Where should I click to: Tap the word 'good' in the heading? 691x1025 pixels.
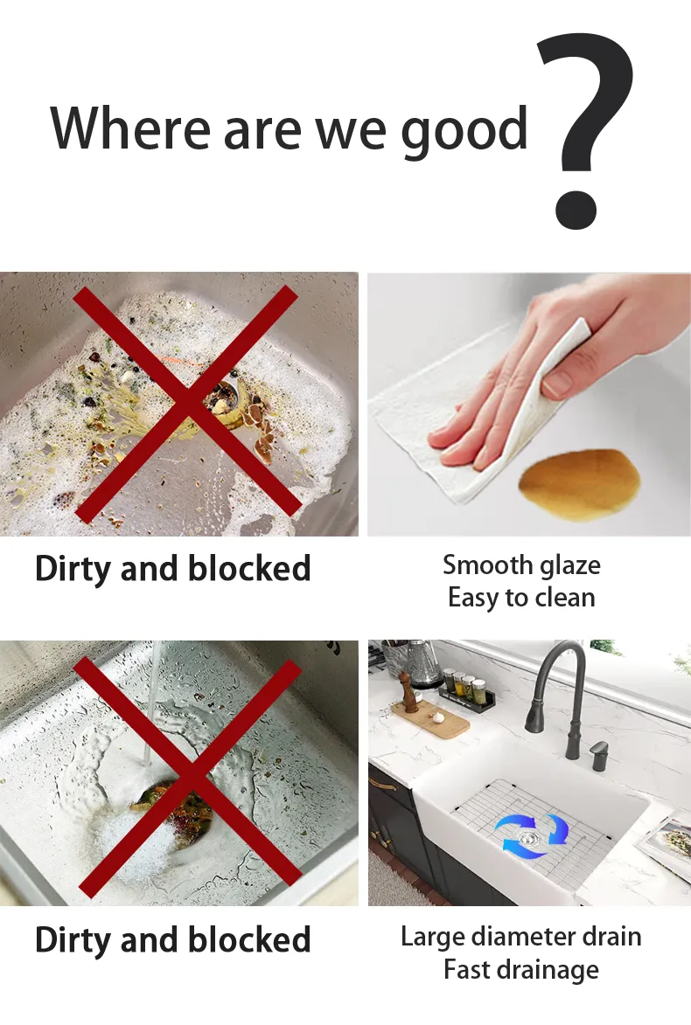tap(464, 129)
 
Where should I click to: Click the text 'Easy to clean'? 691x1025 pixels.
tap(521, 598)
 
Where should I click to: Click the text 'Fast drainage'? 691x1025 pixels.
tap(521, 969)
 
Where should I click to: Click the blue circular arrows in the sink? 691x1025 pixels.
tap(531, 835)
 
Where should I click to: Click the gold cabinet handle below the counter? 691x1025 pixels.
tap(382, 784)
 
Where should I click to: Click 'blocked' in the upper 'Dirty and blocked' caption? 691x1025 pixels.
tap(250, 569)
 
